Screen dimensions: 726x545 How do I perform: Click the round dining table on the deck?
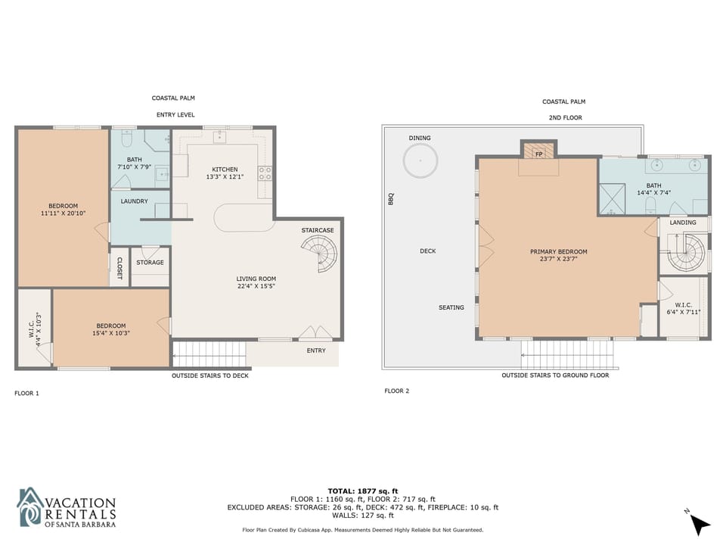(420, 160)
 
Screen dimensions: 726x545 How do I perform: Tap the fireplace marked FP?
(538, 151)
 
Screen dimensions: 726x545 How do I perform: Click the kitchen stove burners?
(265, 173)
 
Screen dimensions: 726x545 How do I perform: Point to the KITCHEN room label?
(225, 170)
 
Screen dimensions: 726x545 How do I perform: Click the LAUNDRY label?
(135, 201)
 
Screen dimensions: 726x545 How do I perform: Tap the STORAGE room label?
(150, 263)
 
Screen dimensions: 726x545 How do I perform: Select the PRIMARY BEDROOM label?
(558, 251)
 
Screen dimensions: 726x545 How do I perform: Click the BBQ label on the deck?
(391, 199)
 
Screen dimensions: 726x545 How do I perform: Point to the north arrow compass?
(699, 525)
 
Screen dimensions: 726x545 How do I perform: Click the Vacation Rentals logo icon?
(30, 507)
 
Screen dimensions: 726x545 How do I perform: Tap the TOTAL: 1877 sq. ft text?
(363, 491)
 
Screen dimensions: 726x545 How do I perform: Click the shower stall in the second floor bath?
(612, 199)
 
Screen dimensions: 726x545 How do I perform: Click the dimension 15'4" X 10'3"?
(111, 333)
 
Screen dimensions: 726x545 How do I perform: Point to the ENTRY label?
(316, 350)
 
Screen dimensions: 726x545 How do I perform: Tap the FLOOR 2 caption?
(397, 391)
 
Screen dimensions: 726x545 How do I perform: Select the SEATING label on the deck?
(451, 308)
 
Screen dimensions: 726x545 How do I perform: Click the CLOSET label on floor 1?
(119, 268)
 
